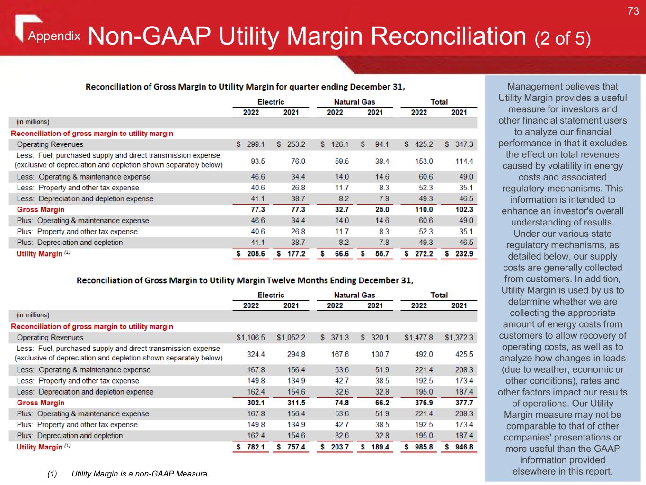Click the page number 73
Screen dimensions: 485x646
point(633,11)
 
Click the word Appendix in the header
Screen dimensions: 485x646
point(54,36)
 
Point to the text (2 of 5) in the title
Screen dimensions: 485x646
point(563,38)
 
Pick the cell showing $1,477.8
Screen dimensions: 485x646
point(419,338)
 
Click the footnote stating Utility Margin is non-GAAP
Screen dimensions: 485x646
point(140,474)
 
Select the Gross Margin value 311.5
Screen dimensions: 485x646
point(296,403)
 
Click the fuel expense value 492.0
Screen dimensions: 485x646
point(424,354)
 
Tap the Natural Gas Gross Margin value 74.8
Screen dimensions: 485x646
point(341,403)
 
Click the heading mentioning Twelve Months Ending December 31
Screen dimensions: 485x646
point(245,280)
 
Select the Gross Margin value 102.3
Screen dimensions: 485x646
point(464,210)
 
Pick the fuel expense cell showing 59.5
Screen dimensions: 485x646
point(341,162)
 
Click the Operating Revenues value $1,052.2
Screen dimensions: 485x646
point(291,338)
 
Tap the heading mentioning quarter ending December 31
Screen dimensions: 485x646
point(245,87)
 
